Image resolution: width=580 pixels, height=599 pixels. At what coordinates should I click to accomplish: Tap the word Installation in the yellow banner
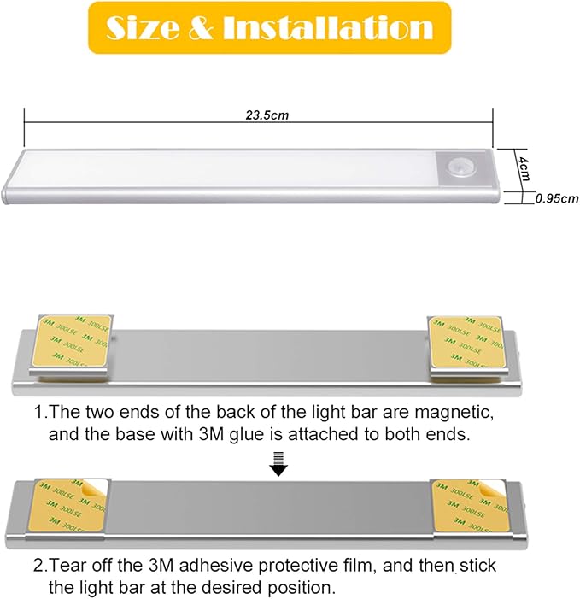(x=328, y=27)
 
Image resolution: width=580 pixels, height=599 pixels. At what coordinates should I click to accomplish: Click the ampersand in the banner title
(x=201, y=28)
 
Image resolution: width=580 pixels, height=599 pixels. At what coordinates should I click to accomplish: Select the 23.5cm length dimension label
(x=267, y=115)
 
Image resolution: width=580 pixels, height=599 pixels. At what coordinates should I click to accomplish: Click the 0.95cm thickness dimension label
(x=557, y=198)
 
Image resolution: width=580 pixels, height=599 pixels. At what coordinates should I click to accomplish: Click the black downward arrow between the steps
(x=278, y=464)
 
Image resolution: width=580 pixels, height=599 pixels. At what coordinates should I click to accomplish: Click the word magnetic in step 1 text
(x=454, y=414)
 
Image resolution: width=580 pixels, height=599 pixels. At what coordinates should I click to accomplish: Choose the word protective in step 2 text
(x=296, y=567)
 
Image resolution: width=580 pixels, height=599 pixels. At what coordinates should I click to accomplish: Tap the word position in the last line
(x=296, y=588)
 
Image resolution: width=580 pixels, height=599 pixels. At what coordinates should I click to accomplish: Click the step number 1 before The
(x=39, y=413)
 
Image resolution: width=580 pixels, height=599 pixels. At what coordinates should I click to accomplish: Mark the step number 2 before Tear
(x=39, y=566)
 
